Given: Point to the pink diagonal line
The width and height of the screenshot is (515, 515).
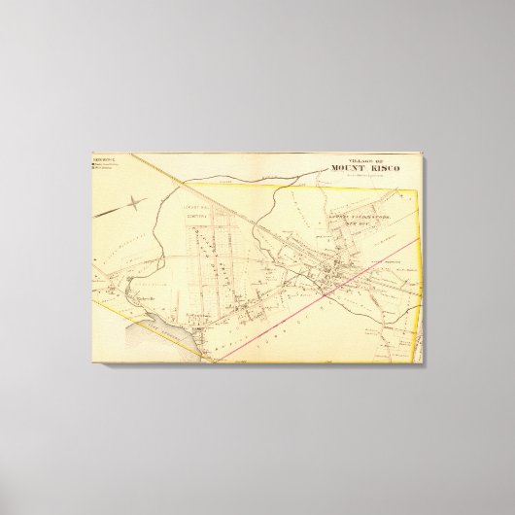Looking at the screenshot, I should [321, 292].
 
